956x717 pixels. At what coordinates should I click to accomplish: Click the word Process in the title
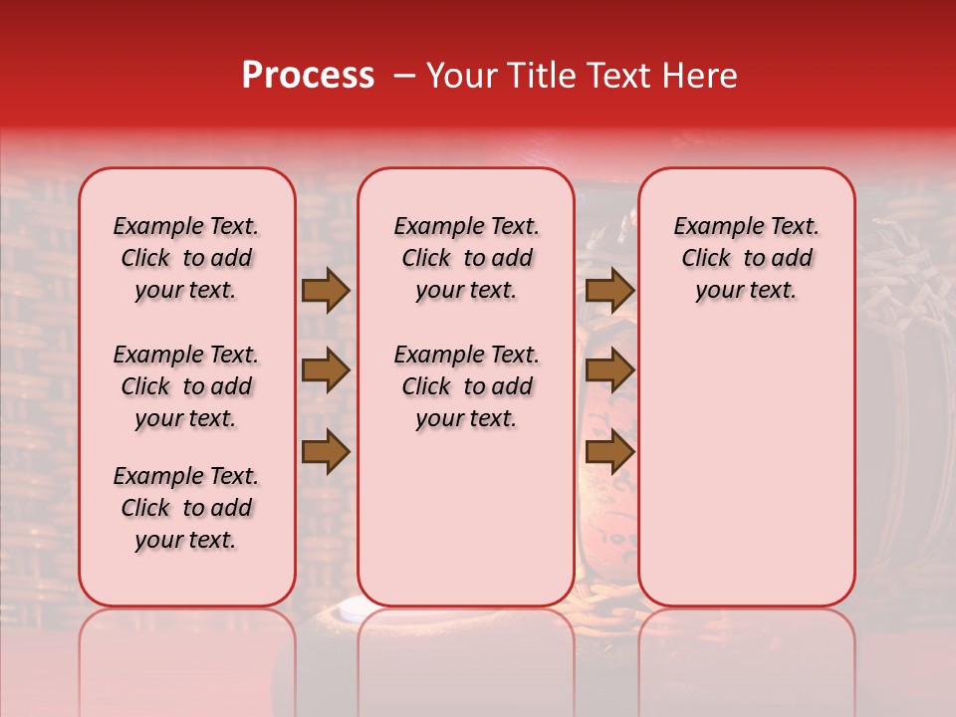pyautogui.click(x=308, y=76)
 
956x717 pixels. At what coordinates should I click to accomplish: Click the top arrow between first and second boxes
pyautogui.click(x=326, y=290)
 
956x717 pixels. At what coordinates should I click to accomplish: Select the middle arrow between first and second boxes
pyautogui.click(x=326, y=371)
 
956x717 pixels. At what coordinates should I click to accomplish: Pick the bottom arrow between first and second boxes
pyautogui.click(x=326, y=452)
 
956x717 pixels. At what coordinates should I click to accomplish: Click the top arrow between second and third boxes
pyautogui.click(x=609, y=290)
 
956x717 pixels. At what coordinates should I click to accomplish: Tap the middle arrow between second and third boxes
pyautogui.click(x=609, y=371)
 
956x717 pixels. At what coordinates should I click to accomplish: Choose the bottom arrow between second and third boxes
pyautogui.click(x=609, y=452)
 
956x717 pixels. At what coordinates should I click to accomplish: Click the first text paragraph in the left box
pyautogui.click(x=186, y=258)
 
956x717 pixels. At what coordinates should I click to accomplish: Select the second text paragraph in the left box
pyautogui.click(x=186, y=386)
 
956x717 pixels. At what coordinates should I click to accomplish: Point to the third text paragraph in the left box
pyautogui.click(x=186, y=508)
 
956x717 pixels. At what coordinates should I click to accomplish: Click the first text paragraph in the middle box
pyautogui.click(x=466, y=258)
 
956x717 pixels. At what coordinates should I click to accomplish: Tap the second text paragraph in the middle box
pyautogui.click(x=466, y=386)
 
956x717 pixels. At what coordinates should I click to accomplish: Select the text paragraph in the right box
pyautogui.click(x=746, y=258)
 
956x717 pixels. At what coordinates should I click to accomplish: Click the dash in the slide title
pyautogui.click(x=405, y=77)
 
